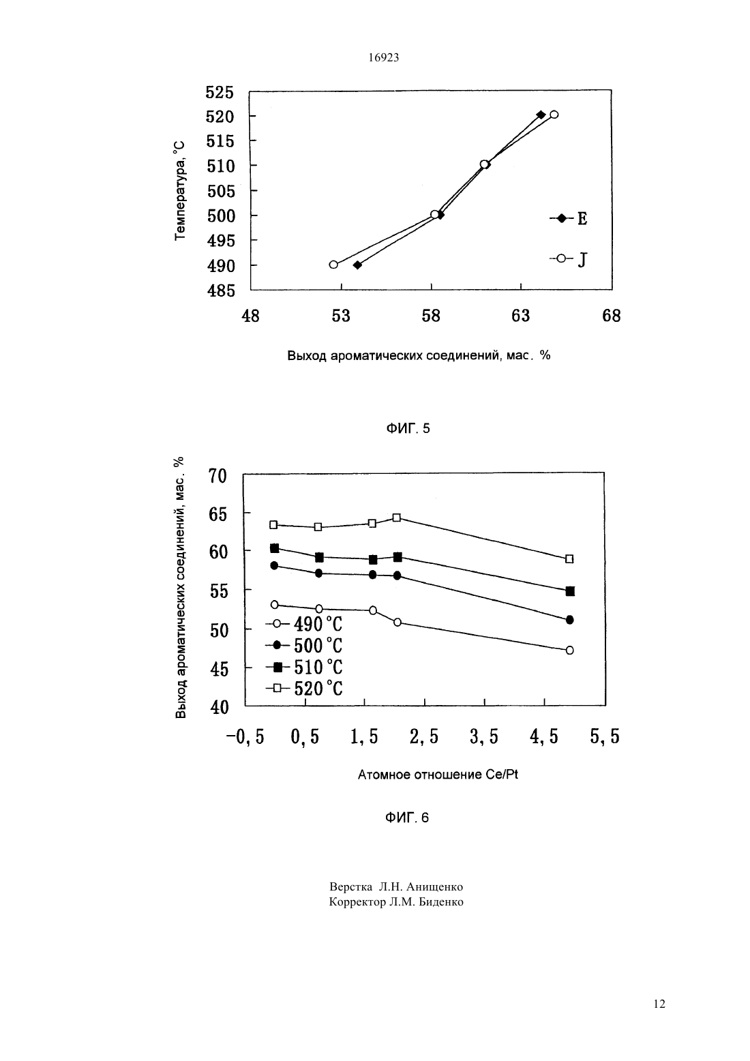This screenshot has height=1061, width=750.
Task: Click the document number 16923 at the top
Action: click(383, 58)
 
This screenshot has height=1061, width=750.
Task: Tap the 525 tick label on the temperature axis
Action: click(220, 92)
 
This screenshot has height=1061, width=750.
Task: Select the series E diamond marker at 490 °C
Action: click(357, 265)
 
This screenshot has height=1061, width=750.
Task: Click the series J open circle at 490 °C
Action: click(334, 265)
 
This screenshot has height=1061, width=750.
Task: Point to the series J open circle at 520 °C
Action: click(554, 114)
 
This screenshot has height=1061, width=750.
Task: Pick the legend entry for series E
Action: click(569, 218)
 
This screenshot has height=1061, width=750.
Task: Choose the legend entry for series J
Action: click(569, 259)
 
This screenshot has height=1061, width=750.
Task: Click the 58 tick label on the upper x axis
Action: click(431, 316)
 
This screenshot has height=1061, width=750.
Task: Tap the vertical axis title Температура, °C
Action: click(180, 190)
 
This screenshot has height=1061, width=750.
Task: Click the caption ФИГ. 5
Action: click(408, 428)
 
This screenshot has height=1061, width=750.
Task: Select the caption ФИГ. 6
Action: click(407, 818)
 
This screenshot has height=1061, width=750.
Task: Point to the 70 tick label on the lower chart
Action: click(217, 476)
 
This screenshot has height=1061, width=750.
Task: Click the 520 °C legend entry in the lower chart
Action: click(305, 688)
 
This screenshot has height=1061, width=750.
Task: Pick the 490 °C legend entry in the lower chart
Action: click(305, 625)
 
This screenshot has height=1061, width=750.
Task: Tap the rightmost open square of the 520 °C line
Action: click(569, 559)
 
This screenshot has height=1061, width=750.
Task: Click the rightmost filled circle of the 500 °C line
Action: click(569, 620)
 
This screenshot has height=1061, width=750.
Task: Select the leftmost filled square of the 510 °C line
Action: click(275, 548)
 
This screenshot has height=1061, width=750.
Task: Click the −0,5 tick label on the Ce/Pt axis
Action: click(245, 737)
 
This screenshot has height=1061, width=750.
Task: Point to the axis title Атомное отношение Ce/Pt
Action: click(438, 775)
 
